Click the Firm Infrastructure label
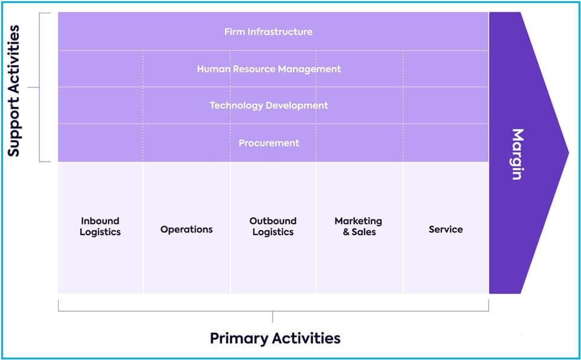click(x=268, y=32)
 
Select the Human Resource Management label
click(x=269, y=69)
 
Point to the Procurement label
click(x=269, y=143)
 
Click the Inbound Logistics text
click(x=100, y=227)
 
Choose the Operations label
click(x=187, y=230)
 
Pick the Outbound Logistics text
click(x=273, y=227)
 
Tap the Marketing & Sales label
click(x=358, y=227)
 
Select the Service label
click(x=446, y=229)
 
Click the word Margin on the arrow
click(x=518, y=154)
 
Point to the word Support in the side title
click(x=14, y=128)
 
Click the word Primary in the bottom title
click(x=239, y=339)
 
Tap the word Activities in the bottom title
click(x=307, y=338)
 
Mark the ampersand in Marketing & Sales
click(x=346, y=232)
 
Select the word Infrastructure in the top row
click(x=280, y=32)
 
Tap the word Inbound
click(x=100, y=221)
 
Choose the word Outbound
click(x=273, y=221)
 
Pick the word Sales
click(x=364, y=232)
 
